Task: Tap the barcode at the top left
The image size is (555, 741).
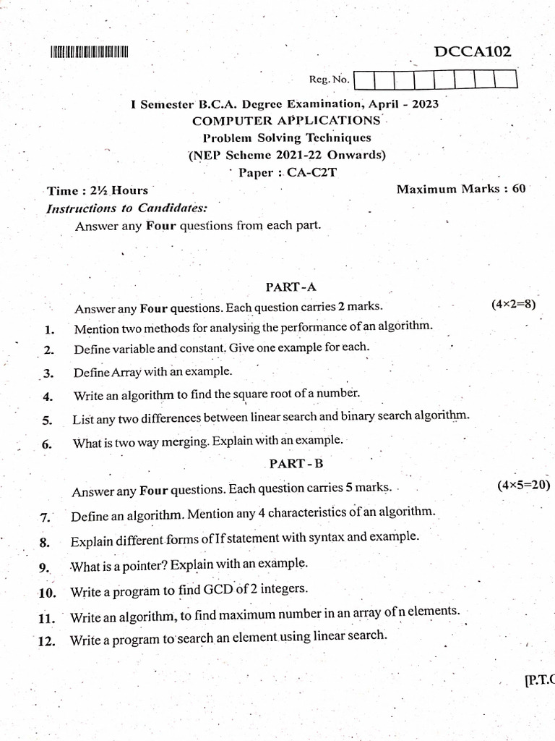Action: [x=89, y=52]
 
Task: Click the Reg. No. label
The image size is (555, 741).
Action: [x=329, y=79]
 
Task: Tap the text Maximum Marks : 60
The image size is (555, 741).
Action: [x=461, y=189]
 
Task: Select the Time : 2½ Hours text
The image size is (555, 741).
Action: [x=97, y=191]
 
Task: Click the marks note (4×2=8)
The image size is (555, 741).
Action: [x=513, y=304]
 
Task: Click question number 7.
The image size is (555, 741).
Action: [x=44, y=517]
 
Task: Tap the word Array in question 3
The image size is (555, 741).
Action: [x=122, y=371]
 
